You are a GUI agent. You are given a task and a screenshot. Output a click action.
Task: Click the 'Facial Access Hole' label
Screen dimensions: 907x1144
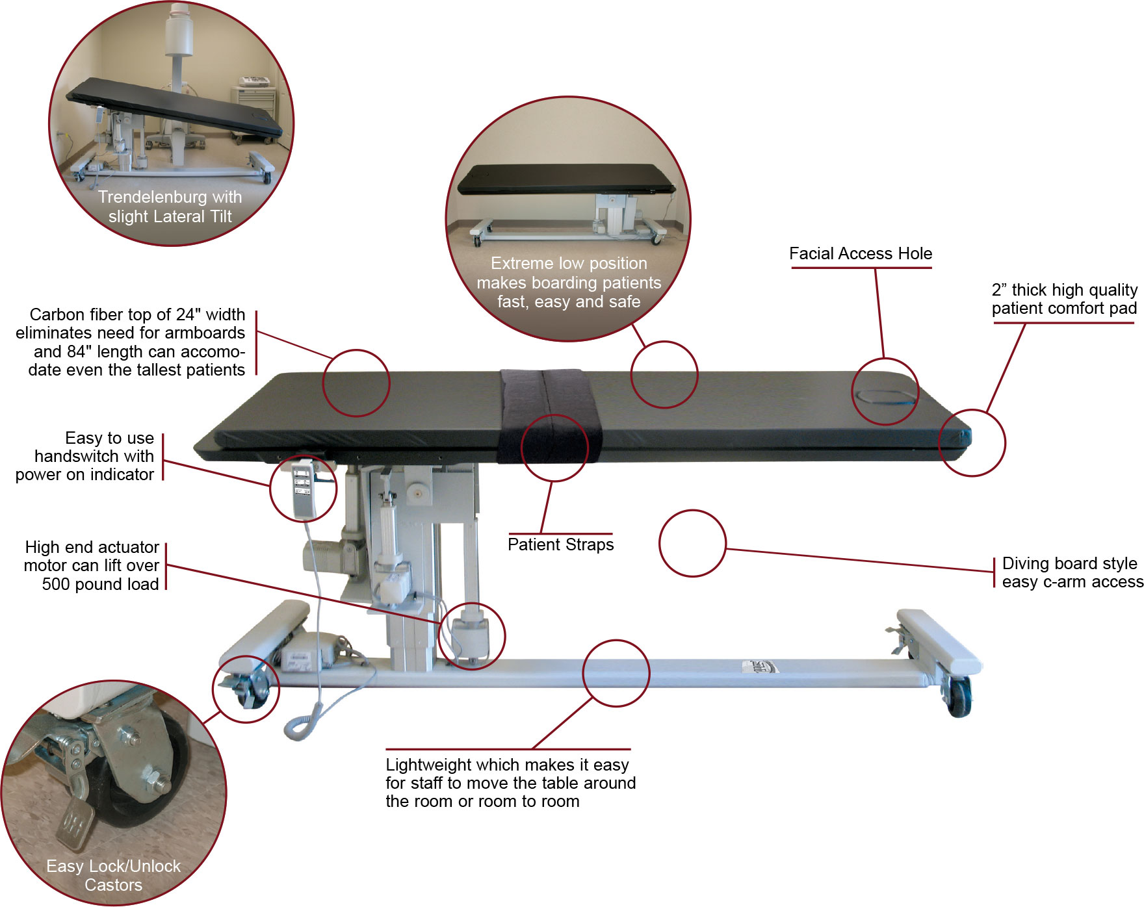coord(860,253)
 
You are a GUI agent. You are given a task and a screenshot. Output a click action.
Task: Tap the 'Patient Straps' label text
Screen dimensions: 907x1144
coord(560,544)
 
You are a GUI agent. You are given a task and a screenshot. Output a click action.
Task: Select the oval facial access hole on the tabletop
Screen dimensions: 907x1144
coord(885,397)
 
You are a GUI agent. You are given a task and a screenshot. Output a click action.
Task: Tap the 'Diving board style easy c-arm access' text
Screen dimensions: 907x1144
coord(1072,572)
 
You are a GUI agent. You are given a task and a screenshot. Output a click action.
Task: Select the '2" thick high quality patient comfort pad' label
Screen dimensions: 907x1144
coord(1064,299)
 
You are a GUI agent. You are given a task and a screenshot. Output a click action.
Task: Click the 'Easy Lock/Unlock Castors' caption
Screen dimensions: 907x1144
coord(114,875)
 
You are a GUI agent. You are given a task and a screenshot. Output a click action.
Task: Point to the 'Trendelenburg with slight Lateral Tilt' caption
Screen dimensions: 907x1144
coord(170,207)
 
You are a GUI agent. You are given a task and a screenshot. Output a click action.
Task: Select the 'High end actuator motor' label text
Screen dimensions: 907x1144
coord(92,565)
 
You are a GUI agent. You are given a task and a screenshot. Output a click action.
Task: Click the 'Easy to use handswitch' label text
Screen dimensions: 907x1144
coord(85,456)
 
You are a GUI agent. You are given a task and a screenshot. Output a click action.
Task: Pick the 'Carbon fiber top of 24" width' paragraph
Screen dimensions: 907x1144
coord(131,342)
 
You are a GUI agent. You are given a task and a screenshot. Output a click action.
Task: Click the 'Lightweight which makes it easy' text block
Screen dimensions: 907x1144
coord(510,783)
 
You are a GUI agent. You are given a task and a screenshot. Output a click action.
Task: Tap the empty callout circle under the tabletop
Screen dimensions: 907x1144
coord(692,543)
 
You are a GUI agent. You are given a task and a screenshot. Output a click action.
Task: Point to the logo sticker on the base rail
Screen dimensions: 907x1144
coord(759,667)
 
